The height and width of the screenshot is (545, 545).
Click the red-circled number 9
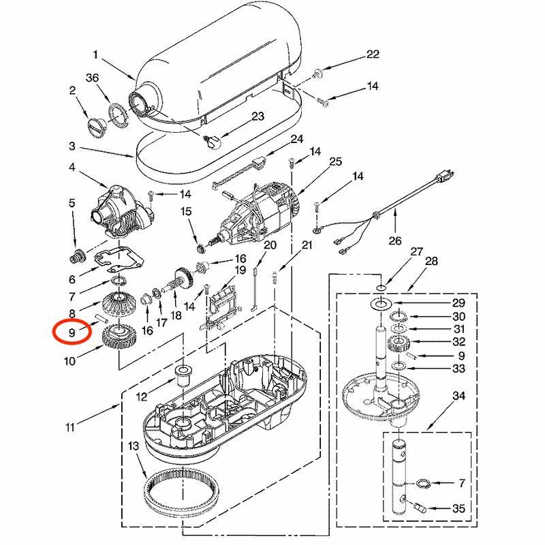pos(72,333)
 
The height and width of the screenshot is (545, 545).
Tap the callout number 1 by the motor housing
pos(96,54)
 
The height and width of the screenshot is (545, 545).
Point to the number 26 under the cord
pos(396,240)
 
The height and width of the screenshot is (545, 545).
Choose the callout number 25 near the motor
pos(334,161)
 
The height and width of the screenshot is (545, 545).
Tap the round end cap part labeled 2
pos(96,127)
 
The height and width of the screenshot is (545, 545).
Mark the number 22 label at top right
pos(372,54)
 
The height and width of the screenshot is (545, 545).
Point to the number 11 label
pos(70,428)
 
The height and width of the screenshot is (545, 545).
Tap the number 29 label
pos(459,302)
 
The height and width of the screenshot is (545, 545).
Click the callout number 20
pos(270,245)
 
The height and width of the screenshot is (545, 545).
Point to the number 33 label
pos(459,369)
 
